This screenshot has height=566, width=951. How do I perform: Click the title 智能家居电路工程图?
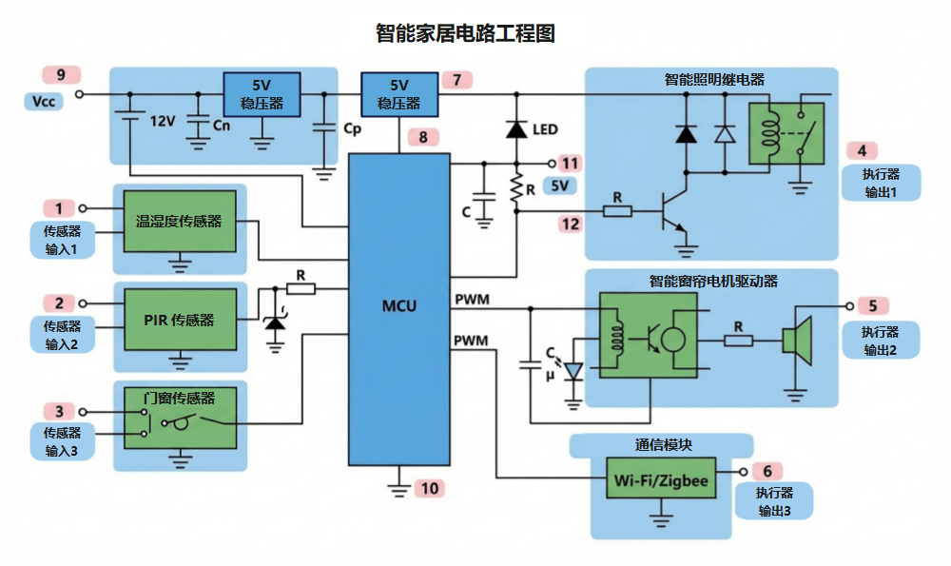point(465,34)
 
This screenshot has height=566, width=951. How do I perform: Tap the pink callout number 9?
point(62,75)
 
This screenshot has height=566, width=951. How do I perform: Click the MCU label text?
point(398,306)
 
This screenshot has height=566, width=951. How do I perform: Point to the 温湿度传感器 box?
point(178,221)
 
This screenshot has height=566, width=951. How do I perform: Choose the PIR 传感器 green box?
point(178,321)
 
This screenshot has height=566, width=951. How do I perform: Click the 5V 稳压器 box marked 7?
point(398,93)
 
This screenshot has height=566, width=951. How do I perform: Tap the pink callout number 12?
point(571,224)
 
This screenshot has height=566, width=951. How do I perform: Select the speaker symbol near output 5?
point(797,340)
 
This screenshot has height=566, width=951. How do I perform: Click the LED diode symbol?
point(516,129)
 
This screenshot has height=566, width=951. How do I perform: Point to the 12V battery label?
point(163,121)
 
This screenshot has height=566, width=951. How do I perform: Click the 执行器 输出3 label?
point(773,502)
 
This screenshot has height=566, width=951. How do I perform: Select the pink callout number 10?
point(431,489)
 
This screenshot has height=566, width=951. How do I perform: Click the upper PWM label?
point(472,301)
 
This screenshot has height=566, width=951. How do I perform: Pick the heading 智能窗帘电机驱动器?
point(713,283)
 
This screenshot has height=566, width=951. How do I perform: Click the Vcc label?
point(44,100)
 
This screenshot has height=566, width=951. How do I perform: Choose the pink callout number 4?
point(862,151)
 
